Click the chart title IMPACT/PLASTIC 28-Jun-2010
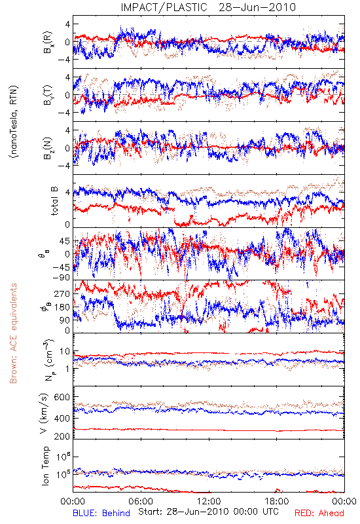[208, 7]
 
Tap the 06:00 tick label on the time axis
[141, 501]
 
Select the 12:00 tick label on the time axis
[209, 501]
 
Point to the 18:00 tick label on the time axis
[277, 501]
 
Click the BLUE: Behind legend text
[101, 513]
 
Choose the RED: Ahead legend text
[319, 513]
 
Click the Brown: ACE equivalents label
[13, 333]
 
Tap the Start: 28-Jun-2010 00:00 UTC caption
[208, 512]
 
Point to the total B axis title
[54, 200]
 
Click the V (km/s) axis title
[44, 413]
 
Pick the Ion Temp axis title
[45, 466]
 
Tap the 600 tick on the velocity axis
[62, 397]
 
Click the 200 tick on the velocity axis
[62, 436]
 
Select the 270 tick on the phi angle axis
[62, 293]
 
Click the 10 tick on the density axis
[65, 351]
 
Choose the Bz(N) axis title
[48, 148]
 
